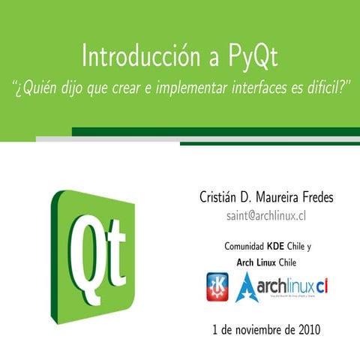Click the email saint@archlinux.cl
pos(268,217)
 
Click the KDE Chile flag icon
pos(218,286)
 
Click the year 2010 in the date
pos(308,328)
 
